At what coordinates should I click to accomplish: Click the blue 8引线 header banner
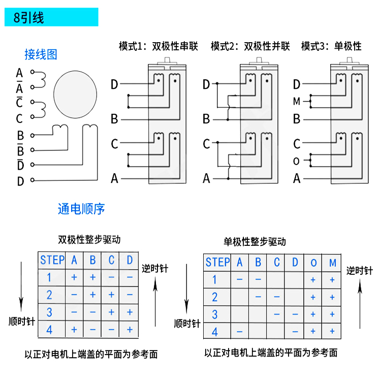(51, 18)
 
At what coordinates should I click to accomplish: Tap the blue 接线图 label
(41, 54)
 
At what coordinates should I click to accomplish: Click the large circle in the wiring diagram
(75, 93)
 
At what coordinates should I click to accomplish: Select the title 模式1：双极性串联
(161, 46)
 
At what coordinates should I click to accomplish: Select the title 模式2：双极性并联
(250, 46)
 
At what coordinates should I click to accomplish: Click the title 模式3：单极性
(331, 46)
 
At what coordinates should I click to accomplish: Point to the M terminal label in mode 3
(297, 102)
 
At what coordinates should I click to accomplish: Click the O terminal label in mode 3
(297, 162)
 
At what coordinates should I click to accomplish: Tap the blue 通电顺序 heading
(81, 209)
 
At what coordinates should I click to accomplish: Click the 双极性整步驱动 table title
(89, 239)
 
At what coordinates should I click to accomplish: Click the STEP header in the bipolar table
(52, 260)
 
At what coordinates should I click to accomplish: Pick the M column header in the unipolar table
(333, 263)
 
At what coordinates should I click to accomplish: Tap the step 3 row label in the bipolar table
(49, 312)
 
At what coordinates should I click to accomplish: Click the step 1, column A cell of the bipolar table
(74, 277)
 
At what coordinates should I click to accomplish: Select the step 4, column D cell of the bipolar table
(130, 330)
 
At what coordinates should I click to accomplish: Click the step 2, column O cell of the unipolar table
(313, 297)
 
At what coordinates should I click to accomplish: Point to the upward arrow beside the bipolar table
(156, 300)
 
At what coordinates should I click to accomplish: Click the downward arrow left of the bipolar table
(21, 287)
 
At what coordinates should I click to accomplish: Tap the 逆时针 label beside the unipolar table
(360, 271)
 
